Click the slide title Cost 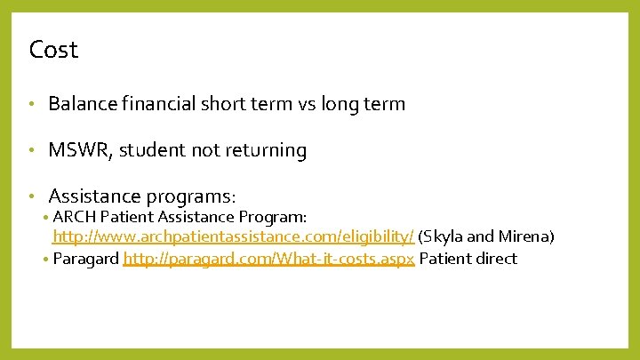click(x=53, y=50)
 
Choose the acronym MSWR click(x=78, y=151)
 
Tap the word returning click(x=263, y=151)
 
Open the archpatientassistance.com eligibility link click(x=233, y=237)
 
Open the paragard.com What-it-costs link click(x=269, y=259)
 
